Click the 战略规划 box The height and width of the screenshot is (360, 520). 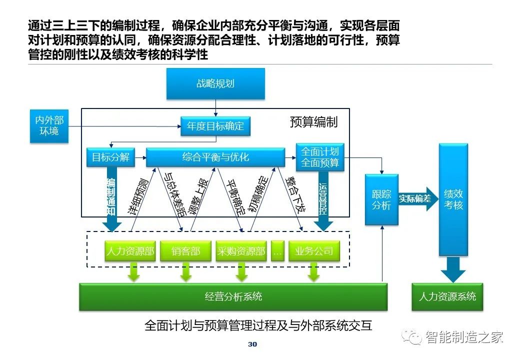point(215,83)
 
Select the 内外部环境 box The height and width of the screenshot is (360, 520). point(49,126)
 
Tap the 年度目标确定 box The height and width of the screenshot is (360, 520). point(215,126)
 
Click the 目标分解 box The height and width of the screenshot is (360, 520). point(111,157)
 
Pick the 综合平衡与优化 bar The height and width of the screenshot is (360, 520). point(215,157)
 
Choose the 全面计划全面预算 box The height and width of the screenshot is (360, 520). point(320,157)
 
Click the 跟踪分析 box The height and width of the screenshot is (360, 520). point(381,199)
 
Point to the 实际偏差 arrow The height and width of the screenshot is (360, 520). point(418,199)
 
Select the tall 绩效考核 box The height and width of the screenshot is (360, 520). point(453,199)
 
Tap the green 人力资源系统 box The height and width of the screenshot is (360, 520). point(447,296)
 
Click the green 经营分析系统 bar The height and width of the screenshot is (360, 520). point(233,296)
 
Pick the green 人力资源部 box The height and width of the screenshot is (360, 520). point(130,251)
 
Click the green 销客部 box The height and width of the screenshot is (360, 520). point(185,251)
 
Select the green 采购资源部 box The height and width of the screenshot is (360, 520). point(241,251)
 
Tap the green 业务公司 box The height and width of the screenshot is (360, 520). point(314,251)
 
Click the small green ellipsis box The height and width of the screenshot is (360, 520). point(277,251)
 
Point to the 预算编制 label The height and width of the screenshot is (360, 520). point(313,122)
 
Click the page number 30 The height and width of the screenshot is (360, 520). point(252,344)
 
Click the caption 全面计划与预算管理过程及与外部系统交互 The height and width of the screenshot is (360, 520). point(258,325)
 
